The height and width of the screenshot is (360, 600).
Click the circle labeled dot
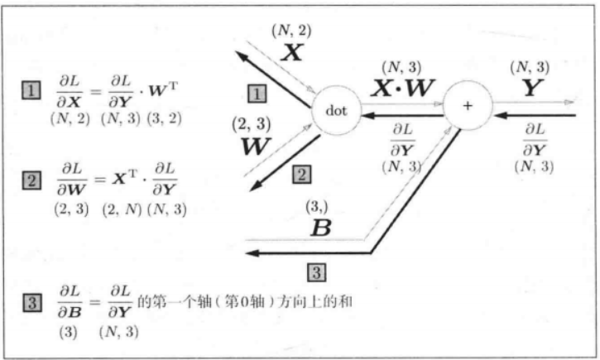[x=335, y=108]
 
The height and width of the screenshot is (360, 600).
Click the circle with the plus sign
[x=468, y=107]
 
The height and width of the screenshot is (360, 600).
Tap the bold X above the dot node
[x=291, y=53]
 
